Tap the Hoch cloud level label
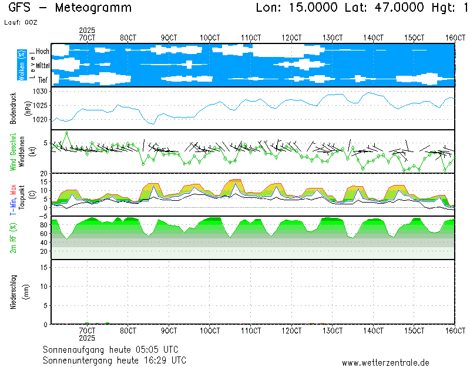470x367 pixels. [42, 52]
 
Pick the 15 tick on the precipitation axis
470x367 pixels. [43, 267]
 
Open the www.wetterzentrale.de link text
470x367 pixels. [385, 363]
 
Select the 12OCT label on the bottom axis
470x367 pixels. [291, 331]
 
